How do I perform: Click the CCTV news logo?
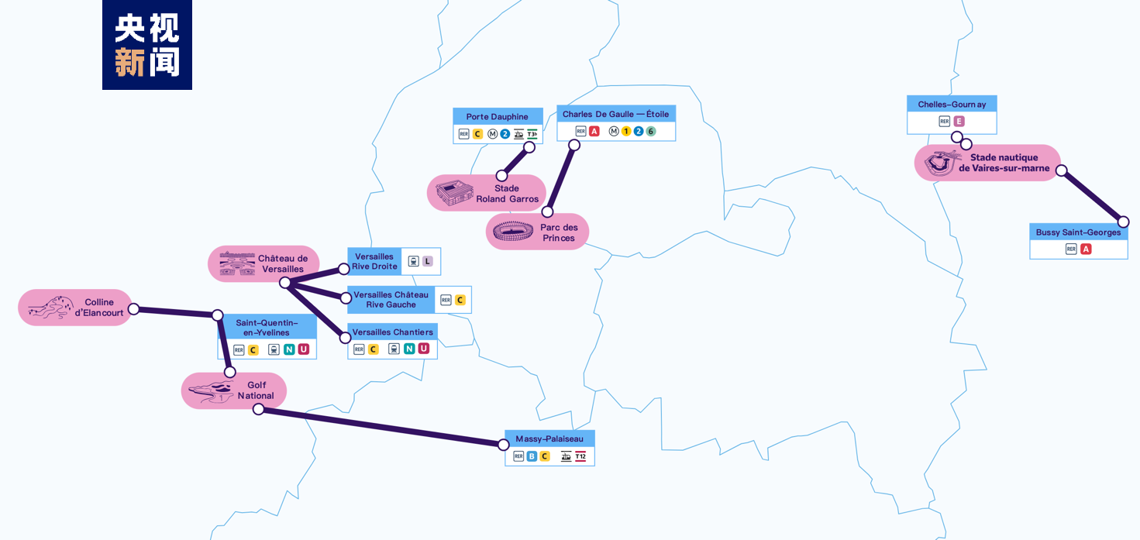147,45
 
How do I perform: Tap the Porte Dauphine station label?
497,116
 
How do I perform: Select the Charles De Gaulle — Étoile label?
615,114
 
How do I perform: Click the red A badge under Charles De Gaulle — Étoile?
594,131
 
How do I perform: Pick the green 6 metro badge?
651,131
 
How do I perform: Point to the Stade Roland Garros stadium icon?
453,193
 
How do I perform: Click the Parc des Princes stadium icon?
513,231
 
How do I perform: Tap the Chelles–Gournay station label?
952,104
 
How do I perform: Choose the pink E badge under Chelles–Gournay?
959,121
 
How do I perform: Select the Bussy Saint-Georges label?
1078,232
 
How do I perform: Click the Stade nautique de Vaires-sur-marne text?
1004,163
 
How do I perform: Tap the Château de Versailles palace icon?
237,263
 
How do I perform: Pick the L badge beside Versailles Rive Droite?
427,261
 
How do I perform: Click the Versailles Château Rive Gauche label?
391,299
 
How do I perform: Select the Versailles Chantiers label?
392,332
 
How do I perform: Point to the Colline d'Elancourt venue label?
99,308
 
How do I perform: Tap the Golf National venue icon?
211,390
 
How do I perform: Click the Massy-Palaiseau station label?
549,439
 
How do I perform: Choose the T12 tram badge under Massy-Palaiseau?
580,456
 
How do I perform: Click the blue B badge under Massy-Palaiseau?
532,456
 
